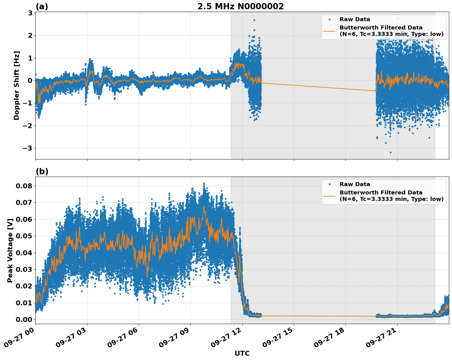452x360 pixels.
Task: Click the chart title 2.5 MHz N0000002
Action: pyautogui.click(x=240, y=6)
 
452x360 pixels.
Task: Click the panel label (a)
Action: pyautogui.click(x=42, y=6)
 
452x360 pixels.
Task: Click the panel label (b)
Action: pyautogui.click(x=42, y=171)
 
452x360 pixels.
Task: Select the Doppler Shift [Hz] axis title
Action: pyautogui.click(x=17, y=85)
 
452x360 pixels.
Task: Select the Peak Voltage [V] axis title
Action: pyautogui.click(x=10, y=250)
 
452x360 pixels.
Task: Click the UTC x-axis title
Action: pyautogui.click(x=242, y=353)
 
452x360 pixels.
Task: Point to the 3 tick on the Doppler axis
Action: pyautogui.click(x=30, y=13)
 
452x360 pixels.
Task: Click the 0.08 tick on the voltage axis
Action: pyautogui.click(x=24, y=186)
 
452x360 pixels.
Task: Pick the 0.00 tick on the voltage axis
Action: pyautogui.click(x=24, y=319)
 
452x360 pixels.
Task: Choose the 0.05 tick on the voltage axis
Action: pyautogui.click(x=24, y=236)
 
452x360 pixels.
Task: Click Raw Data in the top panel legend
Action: pyautogui.click(x=355, y=19)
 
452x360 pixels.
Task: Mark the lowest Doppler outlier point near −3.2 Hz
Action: pyautogui.click(x=391, y=152)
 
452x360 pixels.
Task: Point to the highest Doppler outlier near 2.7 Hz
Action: pyautogui.click(x=254, y=20)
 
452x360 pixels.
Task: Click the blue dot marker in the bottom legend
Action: pyautogui.click(x=329, y=184)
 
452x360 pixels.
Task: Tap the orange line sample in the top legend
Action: pyautogui.click(x=329, y=31)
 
